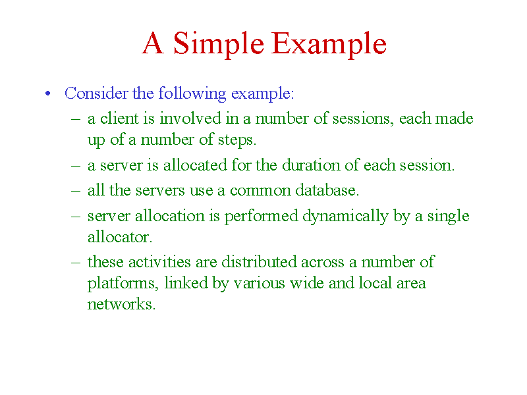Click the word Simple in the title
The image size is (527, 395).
(x=219, y=44)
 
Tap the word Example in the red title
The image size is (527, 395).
(x=329, y=44)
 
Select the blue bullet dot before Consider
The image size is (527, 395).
(x=47, y=93)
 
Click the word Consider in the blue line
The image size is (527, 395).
(x=96, y=93)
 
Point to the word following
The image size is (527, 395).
(x=192, y=93)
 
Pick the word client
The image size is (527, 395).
(x=119, y=118)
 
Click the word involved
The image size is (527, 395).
(x=190, y=118)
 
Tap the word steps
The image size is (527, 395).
(x=237, y=140)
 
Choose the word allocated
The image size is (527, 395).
(x=195, y=165)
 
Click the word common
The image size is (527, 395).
(x=260, y=191)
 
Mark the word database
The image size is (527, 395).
(x=327, y=190)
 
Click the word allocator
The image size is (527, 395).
(x=120, y=237)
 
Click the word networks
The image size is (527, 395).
(x=121, y=304)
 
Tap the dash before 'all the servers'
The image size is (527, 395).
(x=76, y=191)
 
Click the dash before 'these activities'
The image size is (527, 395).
(x=76, y=262)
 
